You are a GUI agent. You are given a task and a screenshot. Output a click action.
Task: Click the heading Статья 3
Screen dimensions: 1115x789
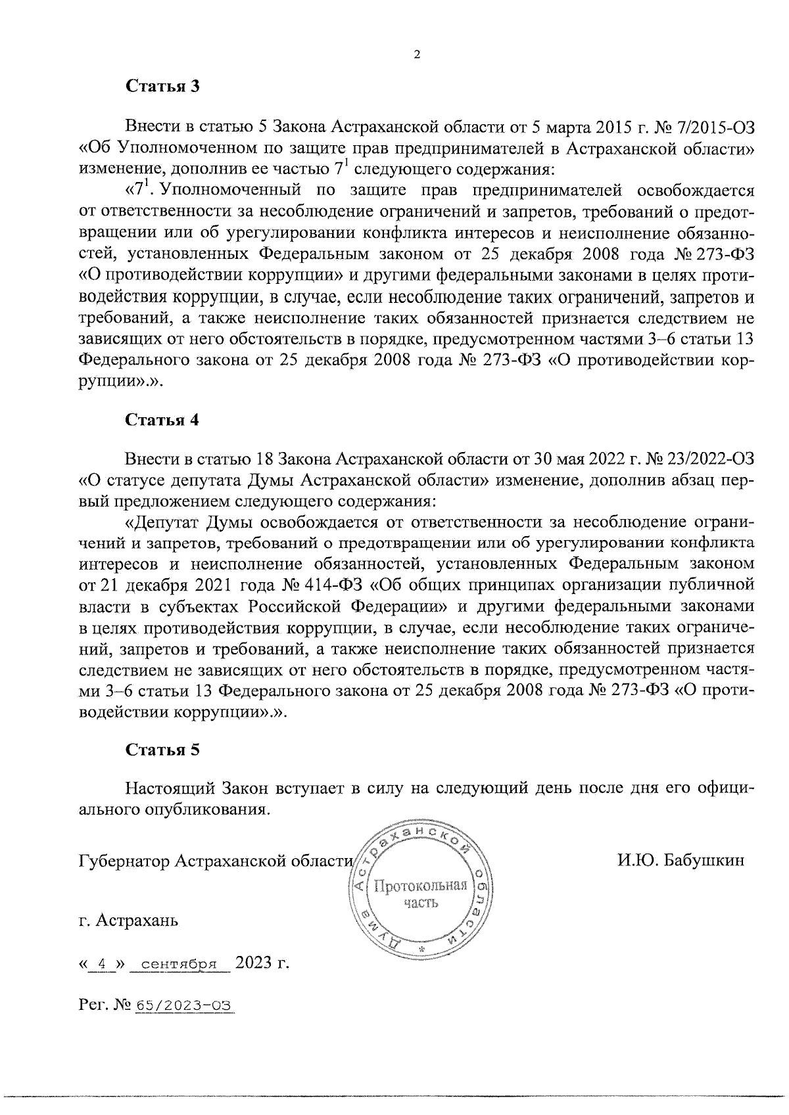[162, 87]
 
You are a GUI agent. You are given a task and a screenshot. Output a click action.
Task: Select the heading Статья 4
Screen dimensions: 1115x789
[162, 421]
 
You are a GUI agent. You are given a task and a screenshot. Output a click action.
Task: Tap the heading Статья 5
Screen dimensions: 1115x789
[162, 750]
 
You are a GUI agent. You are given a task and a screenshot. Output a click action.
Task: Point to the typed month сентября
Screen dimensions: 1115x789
[179, 965]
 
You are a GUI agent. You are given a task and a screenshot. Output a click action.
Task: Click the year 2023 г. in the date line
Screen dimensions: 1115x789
[262, 963]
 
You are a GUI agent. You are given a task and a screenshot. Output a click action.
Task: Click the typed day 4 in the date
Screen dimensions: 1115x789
[101, 965]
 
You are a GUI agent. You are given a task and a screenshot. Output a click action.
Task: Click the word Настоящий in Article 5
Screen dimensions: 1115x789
[170, 788]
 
